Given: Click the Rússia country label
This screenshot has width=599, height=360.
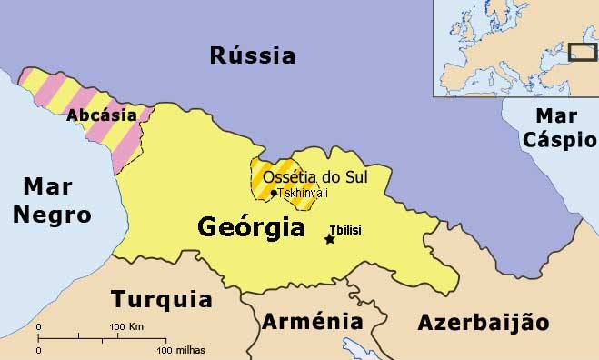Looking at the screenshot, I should tap(252, 55).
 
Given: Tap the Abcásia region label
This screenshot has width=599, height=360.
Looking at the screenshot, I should tap(102, 115).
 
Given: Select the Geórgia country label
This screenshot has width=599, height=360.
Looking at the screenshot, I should tap(252, 227).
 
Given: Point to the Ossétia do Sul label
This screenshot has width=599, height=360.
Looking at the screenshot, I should tap(314, 176).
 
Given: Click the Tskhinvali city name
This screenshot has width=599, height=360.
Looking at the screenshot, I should tap(303, 193).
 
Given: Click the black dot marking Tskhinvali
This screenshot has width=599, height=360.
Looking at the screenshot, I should tap(273, 193).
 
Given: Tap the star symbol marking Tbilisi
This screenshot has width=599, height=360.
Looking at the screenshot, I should tap(329, 239).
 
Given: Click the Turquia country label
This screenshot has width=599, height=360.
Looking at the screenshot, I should tap(161, 299).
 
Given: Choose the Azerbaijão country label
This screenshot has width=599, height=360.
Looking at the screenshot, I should tap(484, 323).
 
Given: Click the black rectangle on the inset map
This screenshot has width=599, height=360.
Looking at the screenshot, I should tap(581, 52).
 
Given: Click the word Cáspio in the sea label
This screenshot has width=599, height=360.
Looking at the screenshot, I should tap(564, 140).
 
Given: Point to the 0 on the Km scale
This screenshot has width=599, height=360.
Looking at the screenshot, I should tap(38, 326).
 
